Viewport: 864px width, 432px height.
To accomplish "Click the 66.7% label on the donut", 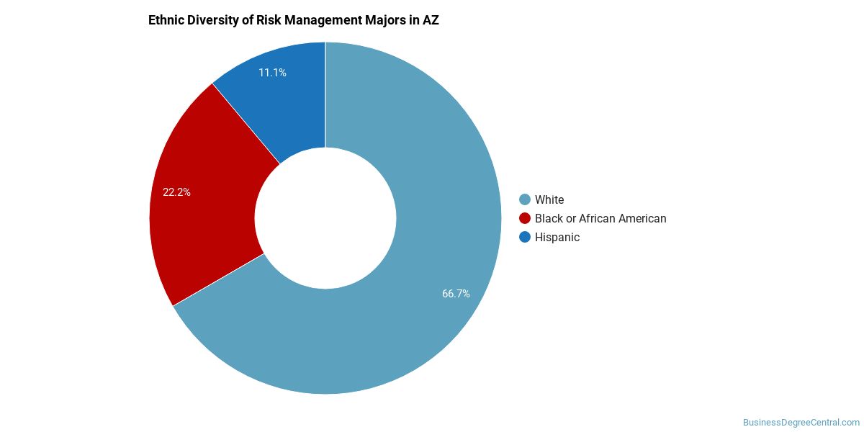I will [456, 293].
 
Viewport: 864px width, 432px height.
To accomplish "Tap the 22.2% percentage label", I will [176, 192].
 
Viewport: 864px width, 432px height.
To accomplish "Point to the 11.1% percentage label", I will [272, 73].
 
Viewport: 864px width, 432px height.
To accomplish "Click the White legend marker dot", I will [525, 199].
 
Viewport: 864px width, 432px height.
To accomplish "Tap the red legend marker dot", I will [525, 218].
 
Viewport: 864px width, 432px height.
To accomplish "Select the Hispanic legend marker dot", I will [525, 237].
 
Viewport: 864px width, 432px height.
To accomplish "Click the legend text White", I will [549, 199].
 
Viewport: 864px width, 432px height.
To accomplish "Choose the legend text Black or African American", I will [600, 218].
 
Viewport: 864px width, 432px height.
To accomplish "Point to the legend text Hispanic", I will [557, 237].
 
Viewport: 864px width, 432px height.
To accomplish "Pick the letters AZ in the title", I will [431, 20].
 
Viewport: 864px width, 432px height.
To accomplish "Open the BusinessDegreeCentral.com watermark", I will [801, 423].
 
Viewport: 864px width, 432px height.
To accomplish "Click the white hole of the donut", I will [325, 218].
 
